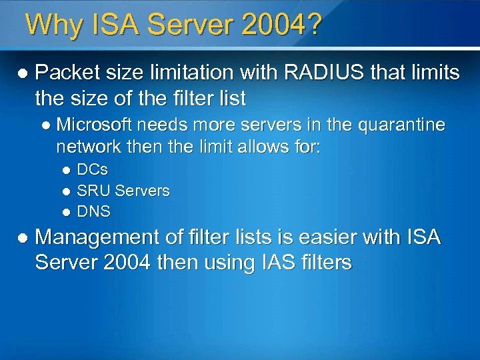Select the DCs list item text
click(x=93, y=169)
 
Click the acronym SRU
click(x=93, y=191)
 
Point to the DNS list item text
click(x=94, y=212)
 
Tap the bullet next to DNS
click(x=66, y=213)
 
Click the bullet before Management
click(x=23, y=237)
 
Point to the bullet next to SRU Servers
click(x=66, y=191)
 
